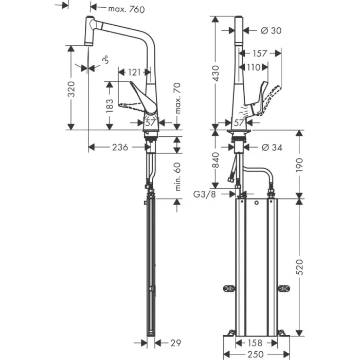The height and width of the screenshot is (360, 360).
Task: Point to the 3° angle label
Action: [x=105, y=61]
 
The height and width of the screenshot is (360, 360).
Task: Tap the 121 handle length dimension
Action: [x=136, y=73]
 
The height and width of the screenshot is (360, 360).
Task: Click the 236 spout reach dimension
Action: [x=120, y=148]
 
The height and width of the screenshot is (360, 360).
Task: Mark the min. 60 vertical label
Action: [x=178, y=177]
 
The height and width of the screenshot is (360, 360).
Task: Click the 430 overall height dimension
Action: [x=216, y=73]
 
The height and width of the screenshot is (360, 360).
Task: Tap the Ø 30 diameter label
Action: [x=272, y=31]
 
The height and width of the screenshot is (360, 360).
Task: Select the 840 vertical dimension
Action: [x=216, y=160]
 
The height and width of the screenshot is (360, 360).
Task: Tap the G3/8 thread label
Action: [x=205, y=194]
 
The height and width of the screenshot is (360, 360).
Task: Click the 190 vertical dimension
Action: [x=300, y=165]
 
